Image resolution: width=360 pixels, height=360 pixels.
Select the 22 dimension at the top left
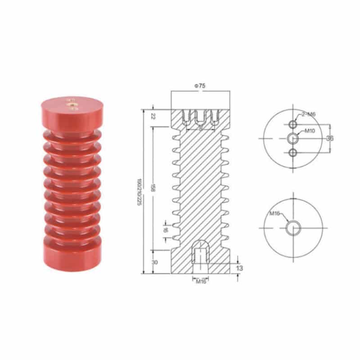153,117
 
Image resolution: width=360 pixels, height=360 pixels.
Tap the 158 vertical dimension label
153,188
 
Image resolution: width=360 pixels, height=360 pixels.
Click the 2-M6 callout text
309,114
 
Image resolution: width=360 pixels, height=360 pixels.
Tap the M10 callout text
310,131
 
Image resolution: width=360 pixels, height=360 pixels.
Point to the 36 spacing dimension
329,138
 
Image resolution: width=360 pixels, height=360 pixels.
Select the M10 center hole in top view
293,138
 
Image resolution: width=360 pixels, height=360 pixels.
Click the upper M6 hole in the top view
293,124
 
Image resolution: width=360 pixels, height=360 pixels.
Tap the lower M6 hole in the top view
293,153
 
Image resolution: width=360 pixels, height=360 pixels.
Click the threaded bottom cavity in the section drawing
200,254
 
